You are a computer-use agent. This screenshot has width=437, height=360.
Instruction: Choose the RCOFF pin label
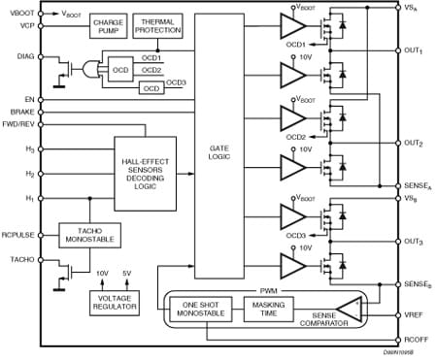coord(415,341)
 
